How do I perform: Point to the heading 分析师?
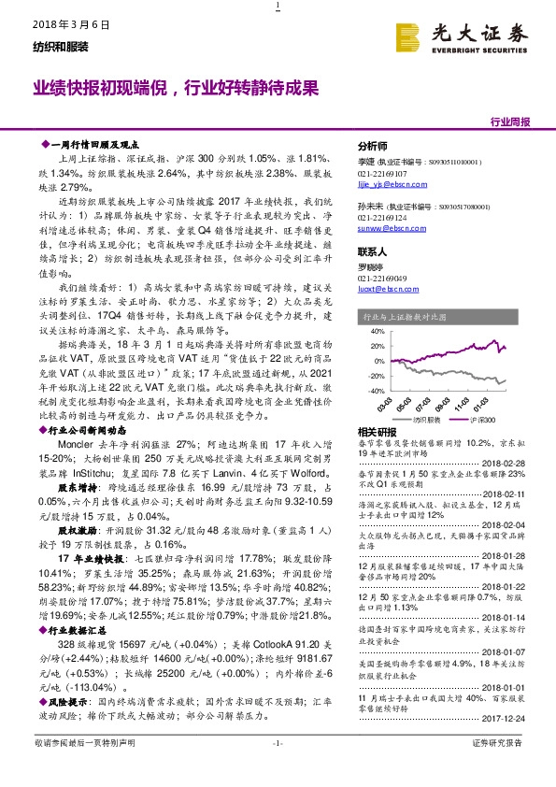click(x=373, y=147)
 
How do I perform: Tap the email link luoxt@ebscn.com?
click(x=390, y=289)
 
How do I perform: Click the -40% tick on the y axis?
click(x=375, y=390)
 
